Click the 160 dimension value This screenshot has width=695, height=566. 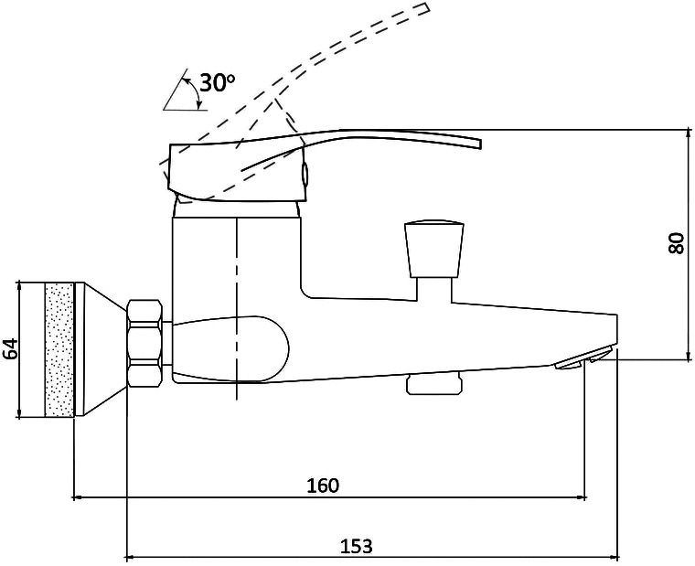(323, 486)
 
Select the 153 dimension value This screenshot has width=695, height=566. (356, 546)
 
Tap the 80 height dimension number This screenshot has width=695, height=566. (677, 243)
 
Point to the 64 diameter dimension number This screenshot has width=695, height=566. (11, 348)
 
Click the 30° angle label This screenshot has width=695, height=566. (218, 82)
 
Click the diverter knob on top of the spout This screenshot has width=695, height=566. (434, 250)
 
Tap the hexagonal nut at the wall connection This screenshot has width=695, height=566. (144, 344)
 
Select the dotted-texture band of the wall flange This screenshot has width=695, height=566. (59, 349)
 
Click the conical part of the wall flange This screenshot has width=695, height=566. (102, 349)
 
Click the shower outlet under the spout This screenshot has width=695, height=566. (433, 384)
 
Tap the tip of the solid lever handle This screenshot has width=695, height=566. (480, 144)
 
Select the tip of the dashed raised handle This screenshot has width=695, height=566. (427, 8)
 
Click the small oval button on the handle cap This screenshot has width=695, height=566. (305, 174)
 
